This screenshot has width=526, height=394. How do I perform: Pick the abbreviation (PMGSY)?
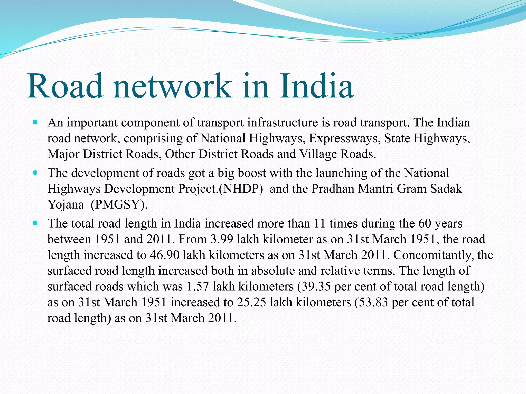(119, 205)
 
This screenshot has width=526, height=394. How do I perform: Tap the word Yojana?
(66, 205)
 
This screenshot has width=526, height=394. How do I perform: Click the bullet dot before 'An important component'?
(35, 122)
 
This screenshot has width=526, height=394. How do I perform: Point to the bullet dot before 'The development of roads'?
(35, 172)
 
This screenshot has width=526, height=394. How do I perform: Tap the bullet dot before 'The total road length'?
(35, 223)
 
